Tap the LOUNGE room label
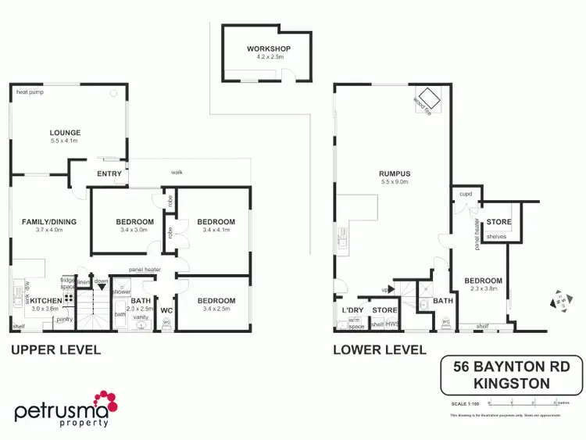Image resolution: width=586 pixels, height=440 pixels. (x=65, y=133)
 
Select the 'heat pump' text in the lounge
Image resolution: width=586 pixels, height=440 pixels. (x=29, y=92)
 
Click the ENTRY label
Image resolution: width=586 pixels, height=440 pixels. (x=108, y=173)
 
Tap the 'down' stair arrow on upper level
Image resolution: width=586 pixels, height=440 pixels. (x=102, y=282)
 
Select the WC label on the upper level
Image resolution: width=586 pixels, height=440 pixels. (x=166, y=310)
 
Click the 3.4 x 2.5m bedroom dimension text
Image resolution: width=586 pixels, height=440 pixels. (x=216, y=309)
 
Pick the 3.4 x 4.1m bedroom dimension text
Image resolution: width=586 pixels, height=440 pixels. (x=216, y=231)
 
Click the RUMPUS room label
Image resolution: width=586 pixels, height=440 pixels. (x=395, y=173)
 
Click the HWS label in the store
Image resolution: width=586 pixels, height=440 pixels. (x=392, y=324)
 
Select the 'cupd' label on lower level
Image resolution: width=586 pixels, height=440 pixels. (x=466, y=192)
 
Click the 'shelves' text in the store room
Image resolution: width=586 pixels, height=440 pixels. (x=496, y=237)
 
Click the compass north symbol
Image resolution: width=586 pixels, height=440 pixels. (x=561, y=300)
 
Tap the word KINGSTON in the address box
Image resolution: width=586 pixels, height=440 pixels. (x=512, y=383)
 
